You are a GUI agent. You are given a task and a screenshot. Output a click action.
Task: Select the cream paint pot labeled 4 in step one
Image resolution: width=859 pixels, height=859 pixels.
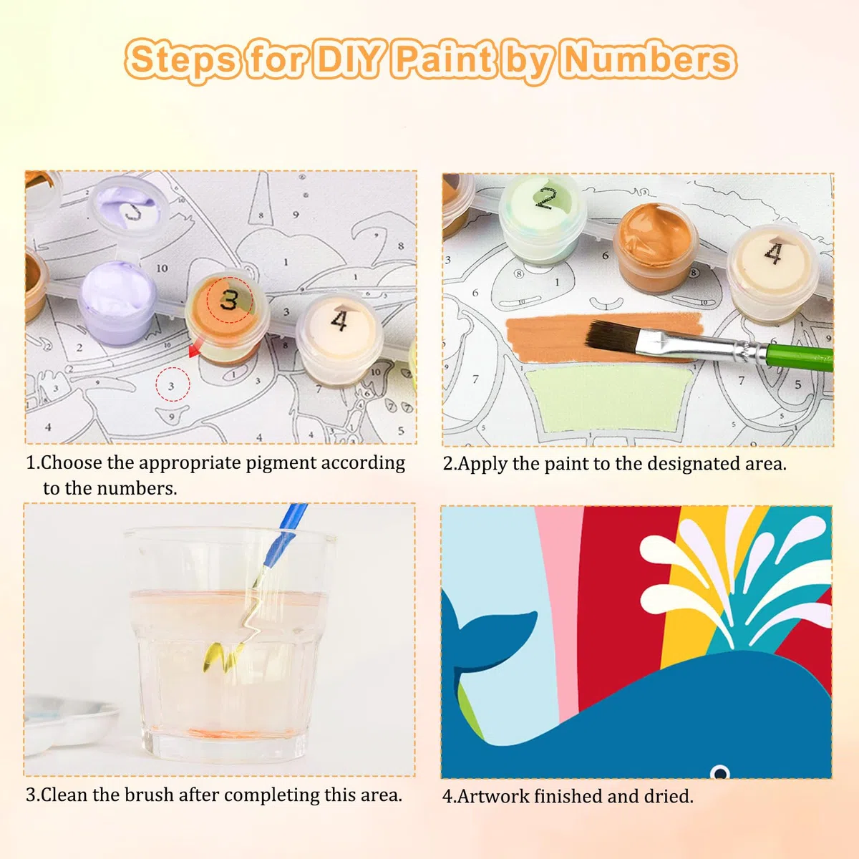tap(339, 336)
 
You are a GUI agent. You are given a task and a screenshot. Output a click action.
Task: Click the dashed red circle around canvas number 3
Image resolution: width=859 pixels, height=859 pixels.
tap(173, 384)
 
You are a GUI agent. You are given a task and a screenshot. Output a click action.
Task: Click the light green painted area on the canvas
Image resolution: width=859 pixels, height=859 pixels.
tap(608, 397)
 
